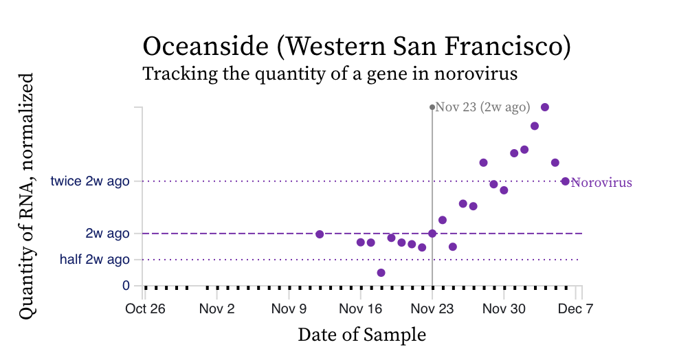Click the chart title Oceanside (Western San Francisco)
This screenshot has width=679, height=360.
click(x=357, y=47)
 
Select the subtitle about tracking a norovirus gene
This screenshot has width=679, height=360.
click(x=329, y=74)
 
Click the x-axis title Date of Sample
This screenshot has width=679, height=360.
click(x=361, y=335)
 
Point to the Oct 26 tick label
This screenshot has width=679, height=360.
click(x=145, y=308)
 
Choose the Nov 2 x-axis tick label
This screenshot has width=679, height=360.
click(x=217, y=308)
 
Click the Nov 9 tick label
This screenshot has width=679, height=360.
click(x=289, y=308)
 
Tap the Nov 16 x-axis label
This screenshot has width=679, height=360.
click(x=360, y=308)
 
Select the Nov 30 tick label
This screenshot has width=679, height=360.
click(x=504, y=308)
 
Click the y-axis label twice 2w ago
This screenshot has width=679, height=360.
click(x=90, y=181)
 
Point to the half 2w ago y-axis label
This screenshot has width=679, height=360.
click(x=94, y=260)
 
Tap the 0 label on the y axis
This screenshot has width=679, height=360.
click(x=126, y=285)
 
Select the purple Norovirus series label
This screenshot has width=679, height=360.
click(x=601, y=183)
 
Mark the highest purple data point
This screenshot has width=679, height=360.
click(x=545, y=107)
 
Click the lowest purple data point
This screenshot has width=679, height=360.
click(x=381, y=273)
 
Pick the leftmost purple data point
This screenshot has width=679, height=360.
click(x=320, y=234)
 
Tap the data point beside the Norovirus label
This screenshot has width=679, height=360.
click(x=565, y=181)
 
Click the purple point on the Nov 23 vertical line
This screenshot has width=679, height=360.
click(x=432, y=234)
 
